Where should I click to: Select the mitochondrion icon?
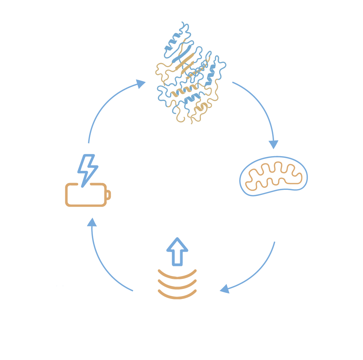tap(274, 176)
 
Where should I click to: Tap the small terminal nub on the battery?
tap(109, 195)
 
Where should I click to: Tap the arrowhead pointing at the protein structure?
tap(141, 84)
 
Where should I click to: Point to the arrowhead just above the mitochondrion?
tap(274, 144)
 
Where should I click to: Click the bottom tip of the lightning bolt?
tap(82, 186)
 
